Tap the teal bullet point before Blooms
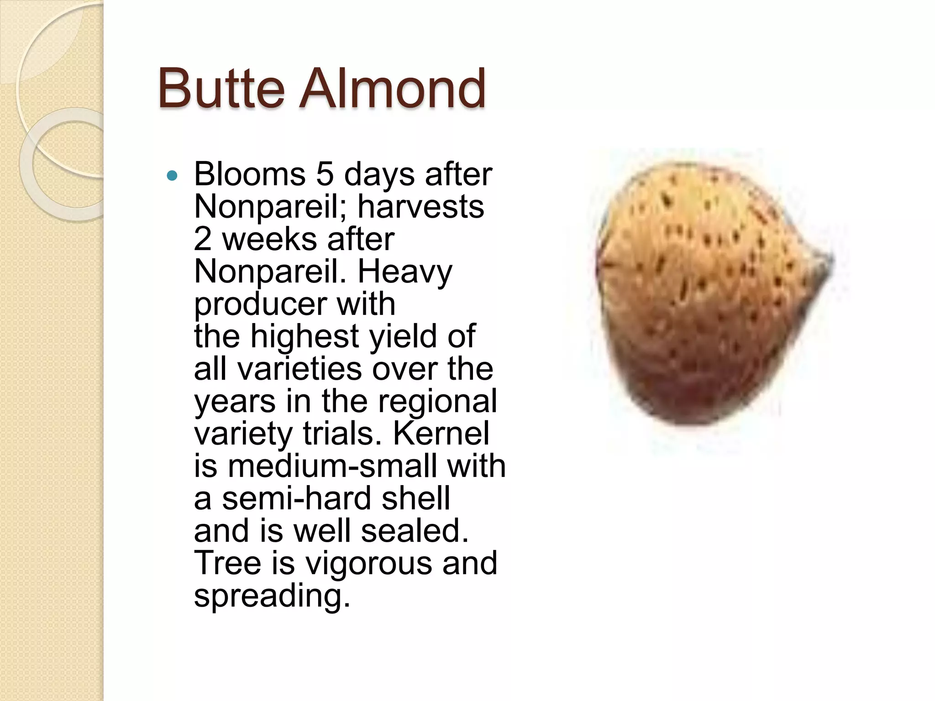(172, 175)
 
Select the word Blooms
(250, 174)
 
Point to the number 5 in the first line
(325, 174)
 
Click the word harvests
(420, 207)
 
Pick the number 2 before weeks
(203, 239)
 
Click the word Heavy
(404, 272)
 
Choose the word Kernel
(441, 434)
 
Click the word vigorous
(369, 563)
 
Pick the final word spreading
(272, 596)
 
